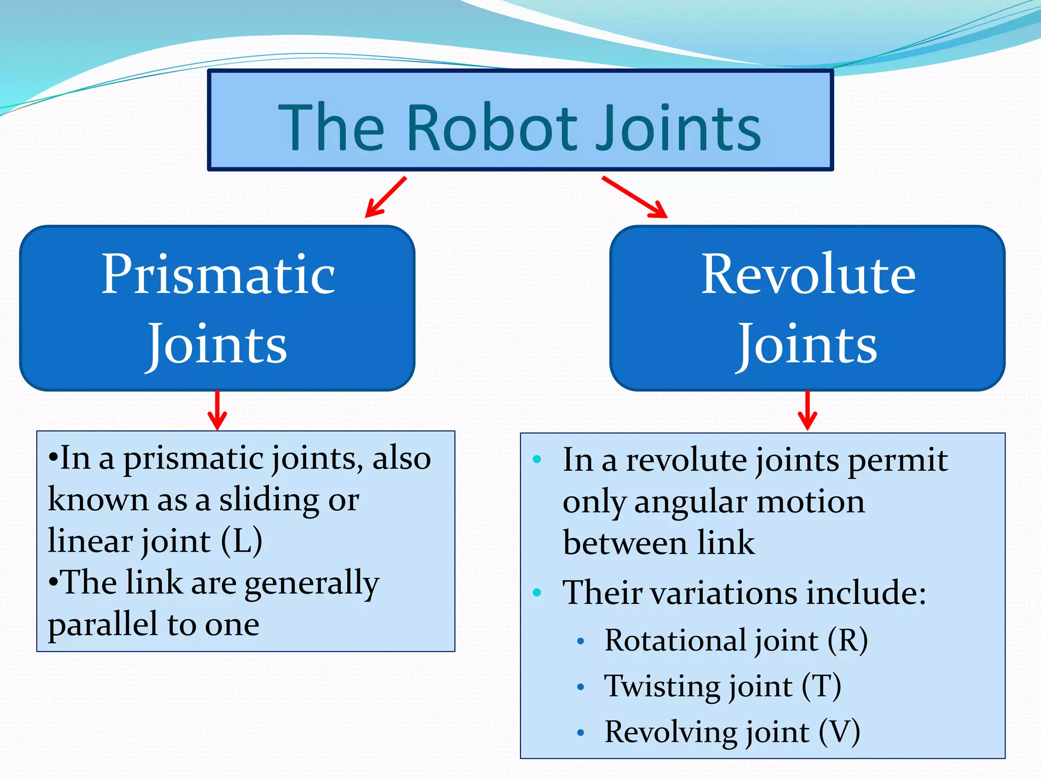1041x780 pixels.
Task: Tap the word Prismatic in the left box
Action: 218,275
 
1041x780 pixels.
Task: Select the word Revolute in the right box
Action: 808,275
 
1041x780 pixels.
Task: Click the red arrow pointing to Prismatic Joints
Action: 385,198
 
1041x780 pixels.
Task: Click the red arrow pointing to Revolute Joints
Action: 634,198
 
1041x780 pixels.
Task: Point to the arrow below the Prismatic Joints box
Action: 218,410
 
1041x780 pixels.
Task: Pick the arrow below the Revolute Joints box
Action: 807,410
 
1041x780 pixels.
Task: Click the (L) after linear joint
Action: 241,541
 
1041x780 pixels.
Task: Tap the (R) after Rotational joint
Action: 847,640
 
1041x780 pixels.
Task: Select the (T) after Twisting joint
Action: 821,687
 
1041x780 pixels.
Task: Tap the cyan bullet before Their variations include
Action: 537,593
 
